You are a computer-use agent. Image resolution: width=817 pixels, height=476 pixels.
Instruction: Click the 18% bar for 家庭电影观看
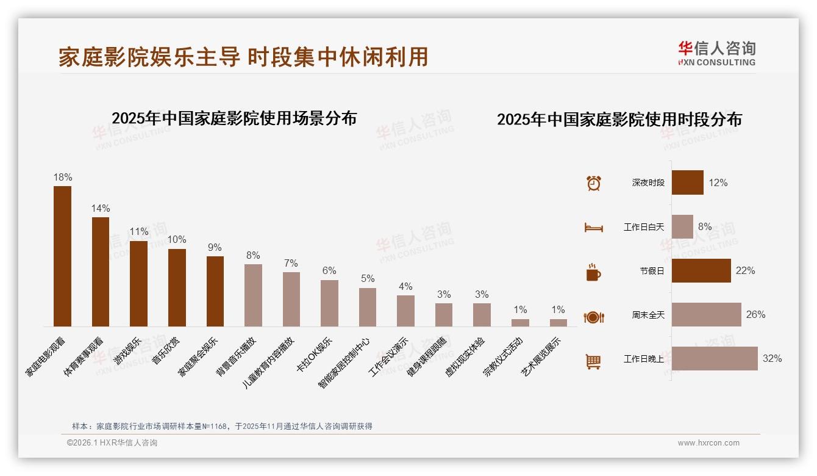coord(62,256)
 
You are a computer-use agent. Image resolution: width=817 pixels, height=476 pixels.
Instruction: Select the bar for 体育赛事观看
coord(101,272)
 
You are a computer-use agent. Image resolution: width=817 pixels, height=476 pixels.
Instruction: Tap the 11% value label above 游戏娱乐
coord(139,232)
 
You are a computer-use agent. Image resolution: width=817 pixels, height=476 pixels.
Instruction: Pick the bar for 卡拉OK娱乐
coord(329,303)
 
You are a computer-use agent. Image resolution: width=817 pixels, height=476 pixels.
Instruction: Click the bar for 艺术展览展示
coord(558,323)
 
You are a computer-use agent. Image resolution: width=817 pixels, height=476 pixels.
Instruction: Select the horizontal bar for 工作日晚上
coord(715,359)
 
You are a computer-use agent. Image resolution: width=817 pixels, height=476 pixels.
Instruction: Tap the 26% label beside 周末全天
coord(755,315)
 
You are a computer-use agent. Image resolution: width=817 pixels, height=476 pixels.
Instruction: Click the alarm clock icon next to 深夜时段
coord(593,183)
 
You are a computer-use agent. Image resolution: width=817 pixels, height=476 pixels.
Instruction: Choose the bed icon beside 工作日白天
coord(593,228)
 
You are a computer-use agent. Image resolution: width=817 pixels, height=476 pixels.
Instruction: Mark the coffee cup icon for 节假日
coord(593,272)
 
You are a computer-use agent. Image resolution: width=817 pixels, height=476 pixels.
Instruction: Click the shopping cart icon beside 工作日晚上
coord(593,361)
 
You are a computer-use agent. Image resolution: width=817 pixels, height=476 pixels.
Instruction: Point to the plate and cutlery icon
coord(593,317)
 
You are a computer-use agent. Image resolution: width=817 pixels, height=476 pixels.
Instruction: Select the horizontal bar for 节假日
coord(701,271)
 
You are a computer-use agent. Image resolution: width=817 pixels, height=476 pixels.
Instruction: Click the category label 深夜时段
coord(648,183)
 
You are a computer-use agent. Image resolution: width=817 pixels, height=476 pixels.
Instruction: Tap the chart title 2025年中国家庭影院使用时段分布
coord(619,120)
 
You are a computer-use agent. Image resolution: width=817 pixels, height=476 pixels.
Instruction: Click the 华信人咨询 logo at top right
coord(716,54)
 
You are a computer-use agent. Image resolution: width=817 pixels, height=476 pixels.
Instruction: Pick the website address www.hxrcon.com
coord(708,443)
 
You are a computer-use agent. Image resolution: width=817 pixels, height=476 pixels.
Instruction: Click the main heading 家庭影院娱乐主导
coord(149,57)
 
